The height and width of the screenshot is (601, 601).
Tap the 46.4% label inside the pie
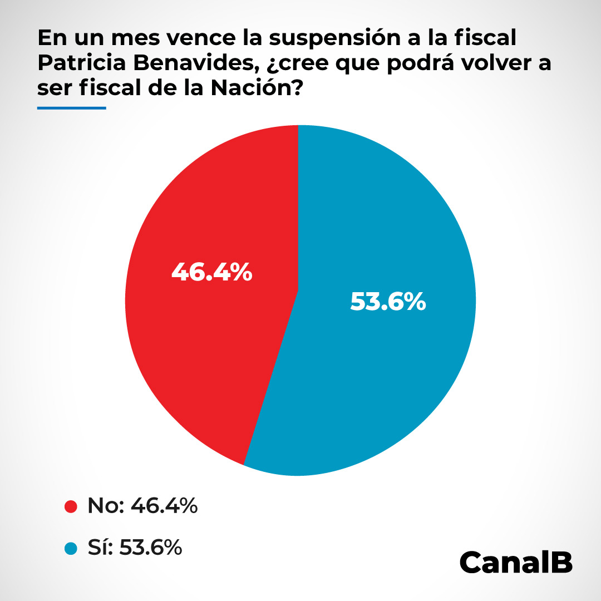point(211,273)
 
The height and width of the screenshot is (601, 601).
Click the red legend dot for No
point(71,507)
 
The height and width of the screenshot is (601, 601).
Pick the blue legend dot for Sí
point(71,548)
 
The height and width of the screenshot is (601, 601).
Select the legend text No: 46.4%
point(142,506)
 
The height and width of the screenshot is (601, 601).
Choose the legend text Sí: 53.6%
point(135,548)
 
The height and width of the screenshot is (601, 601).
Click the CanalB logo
point(516,563)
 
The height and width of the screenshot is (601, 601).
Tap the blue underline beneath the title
point(71,108)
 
